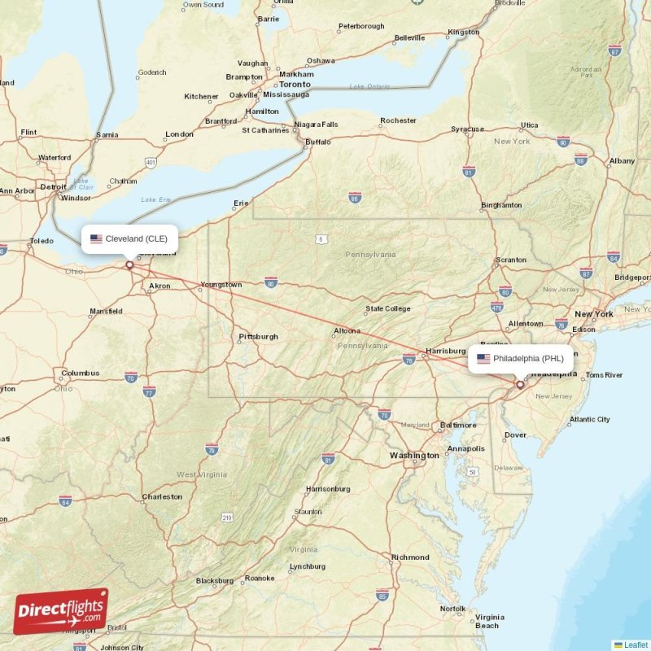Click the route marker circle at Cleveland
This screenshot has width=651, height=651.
[x=129, y=264]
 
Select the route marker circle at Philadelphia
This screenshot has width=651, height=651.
[x=520, y=384]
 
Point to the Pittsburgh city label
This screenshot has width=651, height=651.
[x=258, y=336]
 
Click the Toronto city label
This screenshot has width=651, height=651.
[x=295, y=84]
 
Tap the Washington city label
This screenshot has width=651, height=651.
[x=413, y=456]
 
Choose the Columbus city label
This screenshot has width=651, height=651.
[x=80, y=374]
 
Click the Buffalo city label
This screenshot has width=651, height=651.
[x=317, y=143]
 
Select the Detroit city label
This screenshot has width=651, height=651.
[x=53, y=186]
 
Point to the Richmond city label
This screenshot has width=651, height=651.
[x=409, y=557]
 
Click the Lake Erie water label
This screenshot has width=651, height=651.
[x=156, y=199]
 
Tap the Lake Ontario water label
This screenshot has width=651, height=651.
[x=369, y=86]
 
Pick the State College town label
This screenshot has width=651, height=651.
[x=387, y=308]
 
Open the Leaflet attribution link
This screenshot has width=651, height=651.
[x=635, y=644]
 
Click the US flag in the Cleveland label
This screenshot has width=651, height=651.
[x=96, y=238]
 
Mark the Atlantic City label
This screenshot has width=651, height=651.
[x=589, y=419]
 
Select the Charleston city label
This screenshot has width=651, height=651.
[x=161, y=496]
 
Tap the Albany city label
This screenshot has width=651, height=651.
[x=622, y=161]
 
